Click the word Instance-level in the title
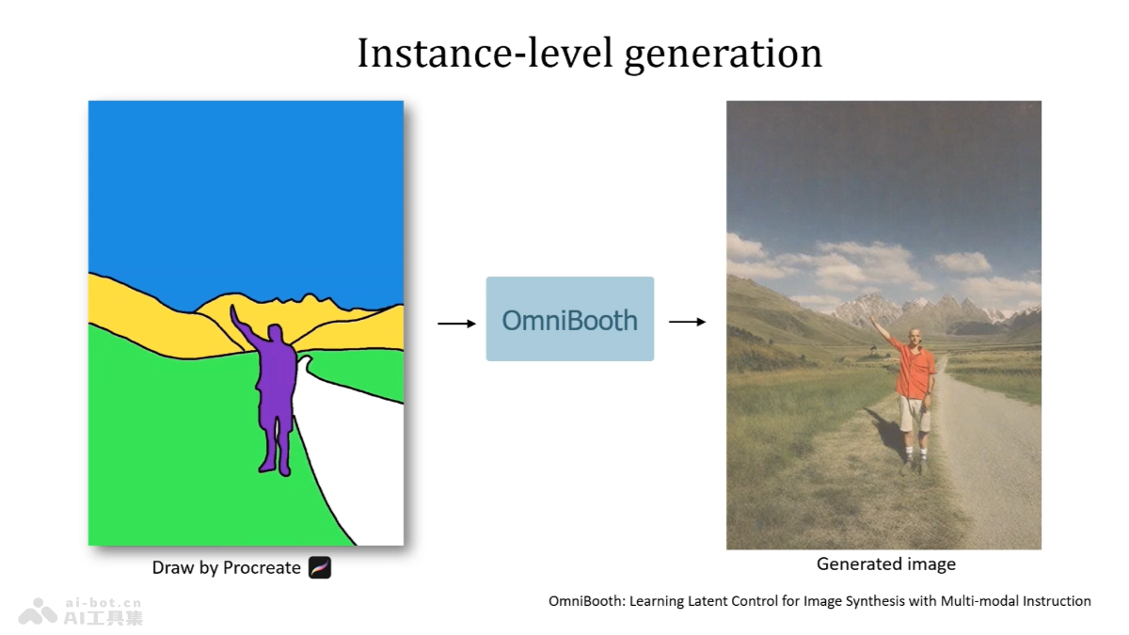coord(485,53)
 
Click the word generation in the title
coord(724,56)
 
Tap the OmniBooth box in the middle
coord(570,319)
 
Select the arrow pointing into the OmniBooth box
coord(456,323)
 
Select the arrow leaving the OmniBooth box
coord(687,322)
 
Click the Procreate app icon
coord(320,567)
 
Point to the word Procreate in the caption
coord(262,567)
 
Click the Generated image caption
coord(886,564)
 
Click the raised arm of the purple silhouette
coord(246,327)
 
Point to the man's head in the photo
coord(914,336)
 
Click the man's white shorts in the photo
coord(914,414)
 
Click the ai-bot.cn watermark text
coord(103,603)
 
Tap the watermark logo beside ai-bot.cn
coord(38,611)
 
